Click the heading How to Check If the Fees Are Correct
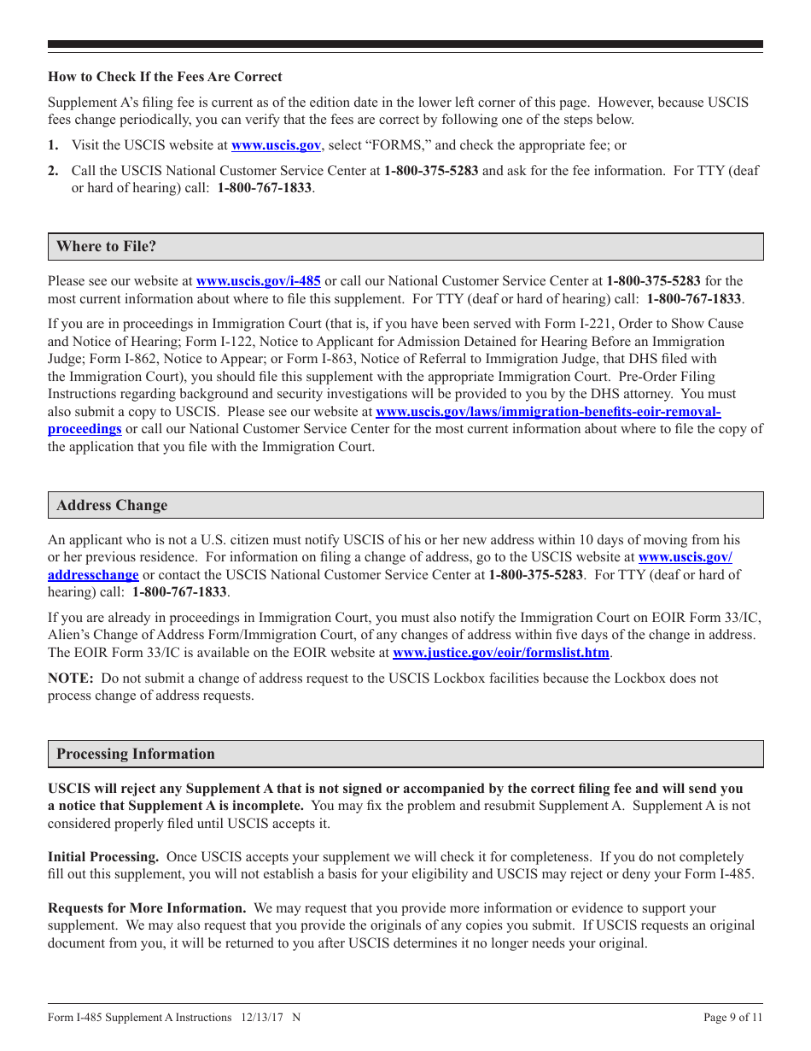(165, 77)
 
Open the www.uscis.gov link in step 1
(276, 145)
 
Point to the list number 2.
(53, 170)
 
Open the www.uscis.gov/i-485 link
(258, 280)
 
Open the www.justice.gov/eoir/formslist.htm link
(501, 653)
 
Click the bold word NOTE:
(70, 678)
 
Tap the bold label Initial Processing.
(103, 857)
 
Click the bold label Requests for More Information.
(147, 908)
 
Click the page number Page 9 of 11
(732, 1017)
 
